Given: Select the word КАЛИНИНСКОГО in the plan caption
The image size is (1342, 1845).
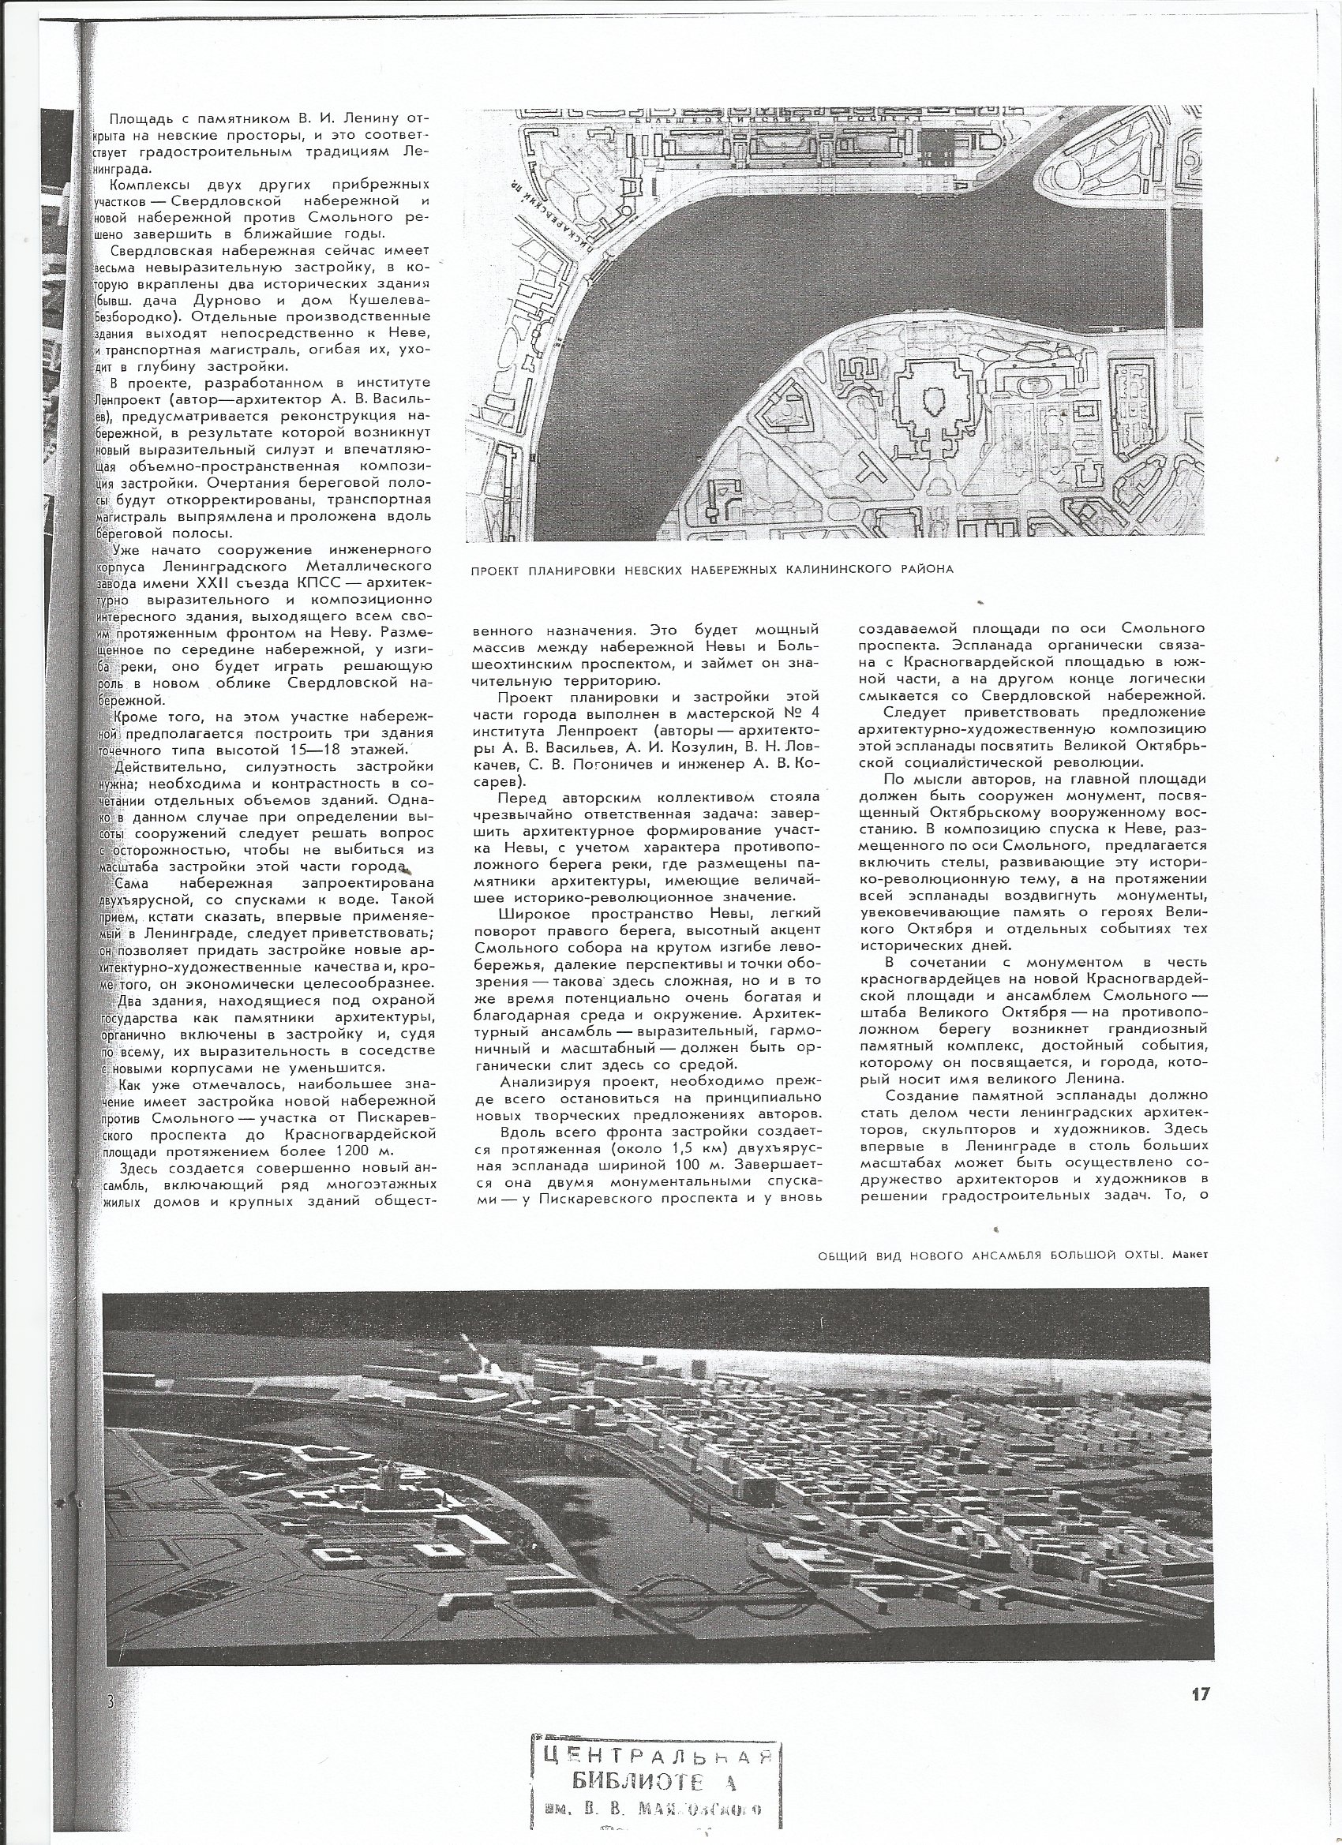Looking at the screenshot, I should pyautogui.click(x=841, y=569).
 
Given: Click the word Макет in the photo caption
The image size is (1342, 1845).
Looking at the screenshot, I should pyautogui.click(x=1191, y=1254).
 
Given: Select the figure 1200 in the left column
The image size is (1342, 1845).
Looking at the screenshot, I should pyautogui.click(x=349, y=1151).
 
